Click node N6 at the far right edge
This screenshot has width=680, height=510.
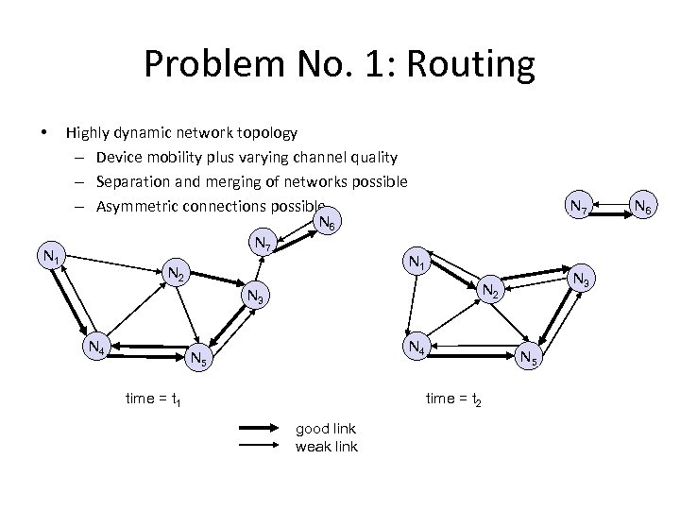tap(647, 206)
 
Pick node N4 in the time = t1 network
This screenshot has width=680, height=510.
tap(96, 347)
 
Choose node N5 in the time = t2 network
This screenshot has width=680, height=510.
tap(530, 357)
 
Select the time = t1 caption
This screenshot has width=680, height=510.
tap(152, 399)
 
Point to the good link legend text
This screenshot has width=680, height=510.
tap(326, 429)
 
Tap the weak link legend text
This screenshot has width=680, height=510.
tap(326, 446)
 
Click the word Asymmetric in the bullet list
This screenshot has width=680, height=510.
tap(140, 207)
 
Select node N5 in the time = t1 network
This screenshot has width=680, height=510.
tap(199, 358)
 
